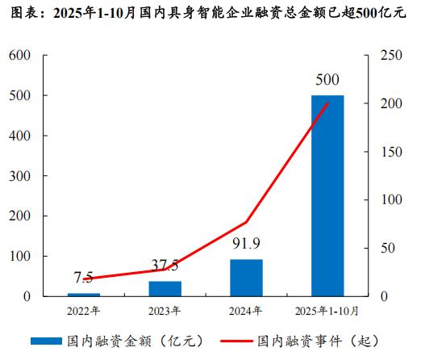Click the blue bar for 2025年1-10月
327,195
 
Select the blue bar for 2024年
246,278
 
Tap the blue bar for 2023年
165,288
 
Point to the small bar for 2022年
84,295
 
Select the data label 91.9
246,245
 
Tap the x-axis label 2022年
84,310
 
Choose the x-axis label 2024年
246,310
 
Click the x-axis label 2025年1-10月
327,310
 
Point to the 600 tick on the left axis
21,55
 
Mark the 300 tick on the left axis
21,176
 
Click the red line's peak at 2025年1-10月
327,103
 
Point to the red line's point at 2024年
246,222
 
